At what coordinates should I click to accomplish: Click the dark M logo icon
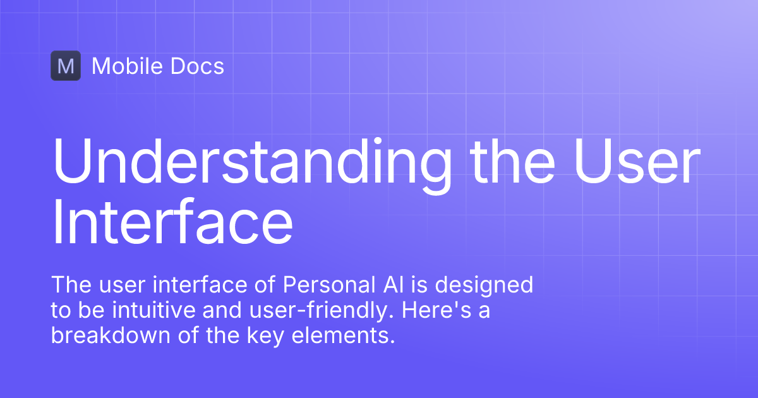tap(66, 66)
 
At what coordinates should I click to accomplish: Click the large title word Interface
tap(172, 222)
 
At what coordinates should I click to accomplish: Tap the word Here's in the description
tap(441, 310)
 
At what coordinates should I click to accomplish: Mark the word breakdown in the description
tap(106, 335)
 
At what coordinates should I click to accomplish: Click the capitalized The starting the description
tap(68, 285)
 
